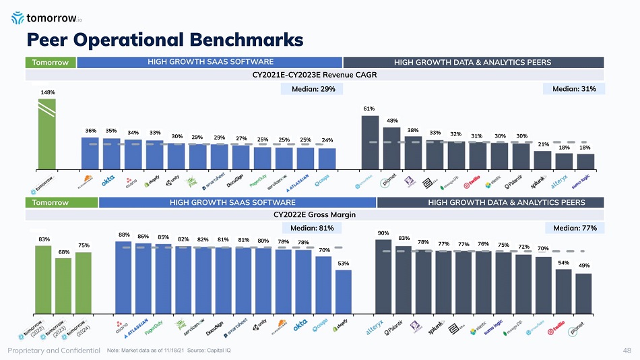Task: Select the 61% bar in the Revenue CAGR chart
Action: click(370, 142)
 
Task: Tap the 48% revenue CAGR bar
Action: click(391, 147)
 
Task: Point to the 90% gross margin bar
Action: click(383, 276)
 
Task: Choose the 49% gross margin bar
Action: click(583, 293)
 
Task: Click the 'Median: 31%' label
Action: click(574, 89)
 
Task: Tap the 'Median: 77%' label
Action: click(574, 228)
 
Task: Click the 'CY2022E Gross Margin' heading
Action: click(315, 214)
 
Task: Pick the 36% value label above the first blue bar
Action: click(90, 130)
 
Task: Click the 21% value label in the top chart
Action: click(542, 144)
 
